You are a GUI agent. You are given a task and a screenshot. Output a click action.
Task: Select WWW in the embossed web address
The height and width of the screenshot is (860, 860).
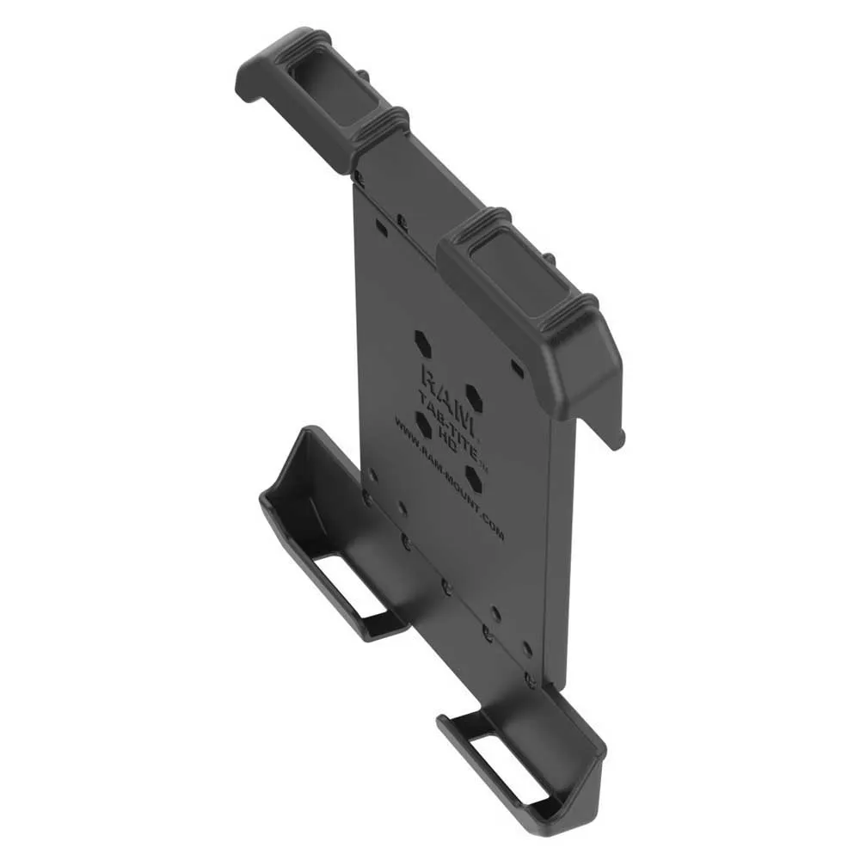coord(408,427)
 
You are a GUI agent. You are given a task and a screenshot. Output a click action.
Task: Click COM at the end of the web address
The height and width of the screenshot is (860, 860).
coord(491,528)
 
